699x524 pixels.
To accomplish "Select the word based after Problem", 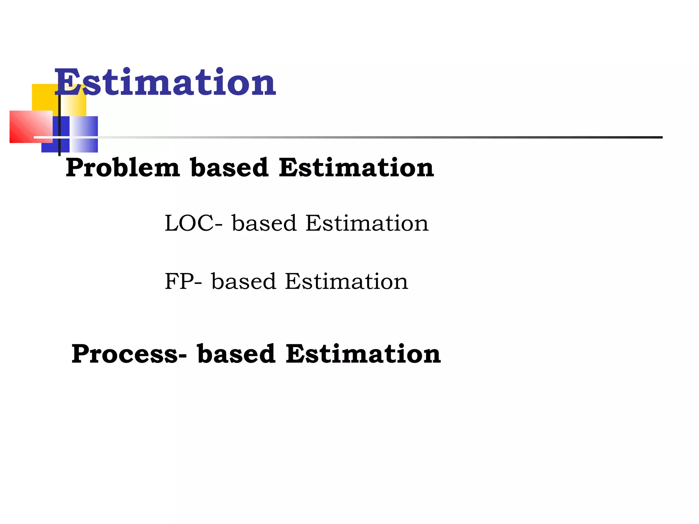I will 229,168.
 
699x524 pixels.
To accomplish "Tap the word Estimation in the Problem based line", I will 356,168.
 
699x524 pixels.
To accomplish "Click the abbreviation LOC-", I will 194,223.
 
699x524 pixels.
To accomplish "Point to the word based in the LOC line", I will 264,223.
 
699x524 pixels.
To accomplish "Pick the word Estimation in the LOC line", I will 367,223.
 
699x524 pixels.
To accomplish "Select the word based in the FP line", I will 243,281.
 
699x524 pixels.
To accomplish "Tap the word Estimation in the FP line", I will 346,281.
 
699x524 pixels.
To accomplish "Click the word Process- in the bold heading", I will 129,354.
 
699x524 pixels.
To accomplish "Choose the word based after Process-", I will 236,354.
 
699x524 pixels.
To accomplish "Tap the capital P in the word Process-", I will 81,354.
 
